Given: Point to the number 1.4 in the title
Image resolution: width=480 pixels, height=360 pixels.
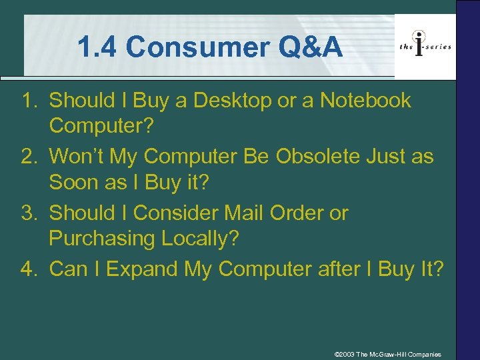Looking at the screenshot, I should [x=99, y=47].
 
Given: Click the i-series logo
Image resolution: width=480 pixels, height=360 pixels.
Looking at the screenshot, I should [x=425, y=46].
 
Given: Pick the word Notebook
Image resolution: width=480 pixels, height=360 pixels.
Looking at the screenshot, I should [x=366, y=101].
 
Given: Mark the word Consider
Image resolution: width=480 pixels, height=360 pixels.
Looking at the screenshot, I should [x=175, y=213].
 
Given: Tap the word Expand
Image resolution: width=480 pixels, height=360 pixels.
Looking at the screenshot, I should [x=142, y=269].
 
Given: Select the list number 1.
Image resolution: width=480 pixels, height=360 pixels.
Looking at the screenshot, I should [x=28, y=101].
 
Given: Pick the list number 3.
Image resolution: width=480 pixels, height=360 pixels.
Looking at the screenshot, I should [x=28, y=213].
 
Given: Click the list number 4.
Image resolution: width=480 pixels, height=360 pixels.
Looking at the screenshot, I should [x=28, y=269].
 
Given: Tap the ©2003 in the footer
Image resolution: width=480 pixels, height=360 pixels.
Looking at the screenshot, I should [x=345, y=354].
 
